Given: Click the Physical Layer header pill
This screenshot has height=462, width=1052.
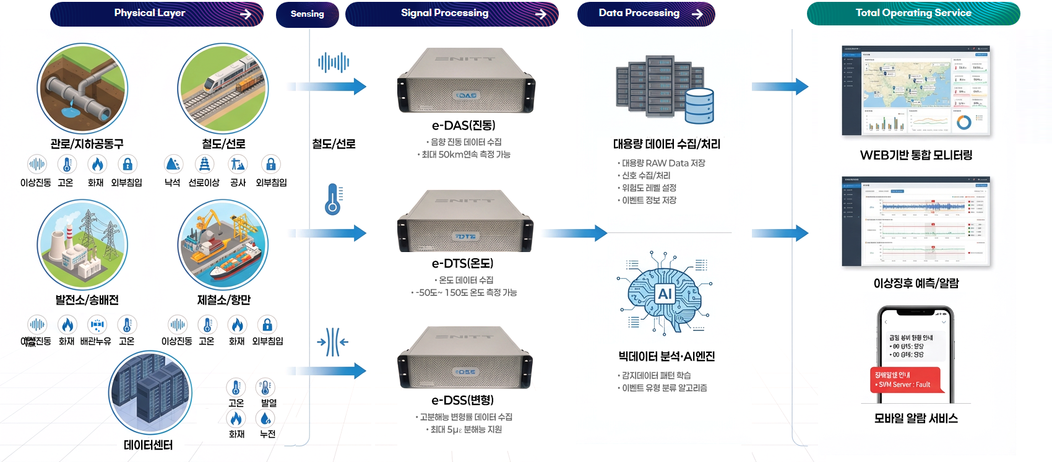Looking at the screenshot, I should point(157,14).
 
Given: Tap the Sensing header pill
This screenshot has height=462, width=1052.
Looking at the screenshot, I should point(308,14).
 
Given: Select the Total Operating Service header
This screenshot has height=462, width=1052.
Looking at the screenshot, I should point(913,13).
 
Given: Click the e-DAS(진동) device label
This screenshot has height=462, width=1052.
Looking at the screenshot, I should point(463,125).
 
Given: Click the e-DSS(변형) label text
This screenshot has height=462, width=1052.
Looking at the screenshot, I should point(462,400).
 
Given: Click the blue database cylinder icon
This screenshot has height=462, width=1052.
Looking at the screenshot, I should point(700,106).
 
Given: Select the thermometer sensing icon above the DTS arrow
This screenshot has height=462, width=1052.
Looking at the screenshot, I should point(334,199).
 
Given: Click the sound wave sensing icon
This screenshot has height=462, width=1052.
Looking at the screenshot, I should point(334,62).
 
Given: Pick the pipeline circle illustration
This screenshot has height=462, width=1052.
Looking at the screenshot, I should point(82,89).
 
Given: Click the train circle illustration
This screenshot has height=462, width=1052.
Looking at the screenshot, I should point(223,89).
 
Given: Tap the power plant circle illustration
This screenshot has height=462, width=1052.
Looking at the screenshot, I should point(82,245).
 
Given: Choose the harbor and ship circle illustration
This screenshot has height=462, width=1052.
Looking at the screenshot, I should point(223,245).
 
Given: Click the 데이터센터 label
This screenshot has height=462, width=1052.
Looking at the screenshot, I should point(149,445).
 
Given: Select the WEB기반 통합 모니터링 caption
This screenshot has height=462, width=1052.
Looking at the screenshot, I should point(916,155).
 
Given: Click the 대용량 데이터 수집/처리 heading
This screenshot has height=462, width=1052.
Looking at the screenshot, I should point(666,144).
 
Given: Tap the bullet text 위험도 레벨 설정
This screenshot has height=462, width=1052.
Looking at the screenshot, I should point(649,188).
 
